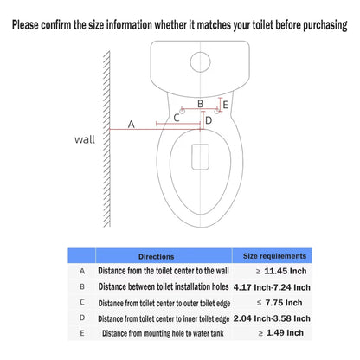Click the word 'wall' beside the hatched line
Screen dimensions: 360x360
coord(85,139)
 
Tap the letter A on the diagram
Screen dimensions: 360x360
coord(132,125)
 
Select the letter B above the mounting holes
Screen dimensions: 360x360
coord(200,104)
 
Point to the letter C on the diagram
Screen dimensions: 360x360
coord(177,118)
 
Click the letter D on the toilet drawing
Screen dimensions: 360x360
coord(209,120)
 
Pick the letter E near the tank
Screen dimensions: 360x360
coord(226,105)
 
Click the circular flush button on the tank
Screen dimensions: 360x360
coord(200,62)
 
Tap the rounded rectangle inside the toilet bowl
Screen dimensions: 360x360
coord(201,157)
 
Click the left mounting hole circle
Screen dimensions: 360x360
coord(183,111)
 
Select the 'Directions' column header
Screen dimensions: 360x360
coord(156,256)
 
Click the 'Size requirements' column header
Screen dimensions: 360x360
coord(274,256)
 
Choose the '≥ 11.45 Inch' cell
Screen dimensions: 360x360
coord(281,271)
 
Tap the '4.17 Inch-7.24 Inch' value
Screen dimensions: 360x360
coord(272,287)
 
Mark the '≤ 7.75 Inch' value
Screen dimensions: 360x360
coord(280,303)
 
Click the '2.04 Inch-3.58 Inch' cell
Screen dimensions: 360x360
coord(272,318)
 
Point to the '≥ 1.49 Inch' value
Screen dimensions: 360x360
coord(281,333)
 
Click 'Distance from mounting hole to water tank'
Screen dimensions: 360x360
coord(163,333)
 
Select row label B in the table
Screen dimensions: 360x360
coord(82,286)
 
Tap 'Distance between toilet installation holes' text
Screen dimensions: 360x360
coord(164,286)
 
